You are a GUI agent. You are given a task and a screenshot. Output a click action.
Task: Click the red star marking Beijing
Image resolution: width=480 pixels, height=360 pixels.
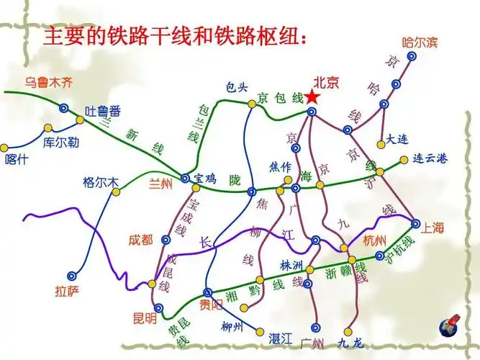[312, 97]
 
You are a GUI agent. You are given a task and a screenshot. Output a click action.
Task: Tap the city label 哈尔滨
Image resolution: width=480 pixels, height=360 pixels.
[420, 42]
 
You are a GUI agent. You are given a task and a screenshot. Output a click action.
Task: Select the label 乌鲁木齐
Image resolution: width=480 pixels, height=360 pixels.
[49, 82]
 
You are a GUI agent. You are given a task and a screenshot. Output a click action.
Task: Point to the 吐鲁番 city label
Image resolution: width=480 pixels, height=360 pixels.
[103, 111]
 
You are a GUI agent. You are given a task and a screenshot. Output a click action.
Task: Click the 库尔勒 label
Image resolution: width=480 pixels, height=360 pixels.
[60, 143]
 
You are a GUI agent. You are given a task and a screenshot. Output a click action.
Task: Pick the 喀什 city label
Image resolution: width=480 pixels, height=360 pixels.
[16, 160]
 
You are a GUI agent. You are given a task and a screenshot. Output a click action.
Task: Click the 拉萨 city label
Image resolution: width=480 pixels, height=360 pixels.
[68, 292]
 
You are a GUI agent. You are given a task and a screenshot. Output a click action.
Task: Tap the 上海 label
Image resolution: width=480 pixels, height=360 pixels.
[433, 228]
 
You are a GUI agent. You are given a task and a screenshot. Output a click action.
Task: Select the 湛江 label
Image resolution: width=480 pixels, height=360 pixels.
[278, 338]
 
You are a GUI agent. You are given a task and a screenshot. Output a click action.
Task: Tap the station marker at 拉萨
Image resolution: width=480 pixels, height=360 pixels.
[72, 274]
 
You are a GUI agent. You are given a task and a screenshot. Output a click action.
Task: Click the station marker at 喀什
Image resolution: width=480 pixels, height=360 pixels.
[4, 147]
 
